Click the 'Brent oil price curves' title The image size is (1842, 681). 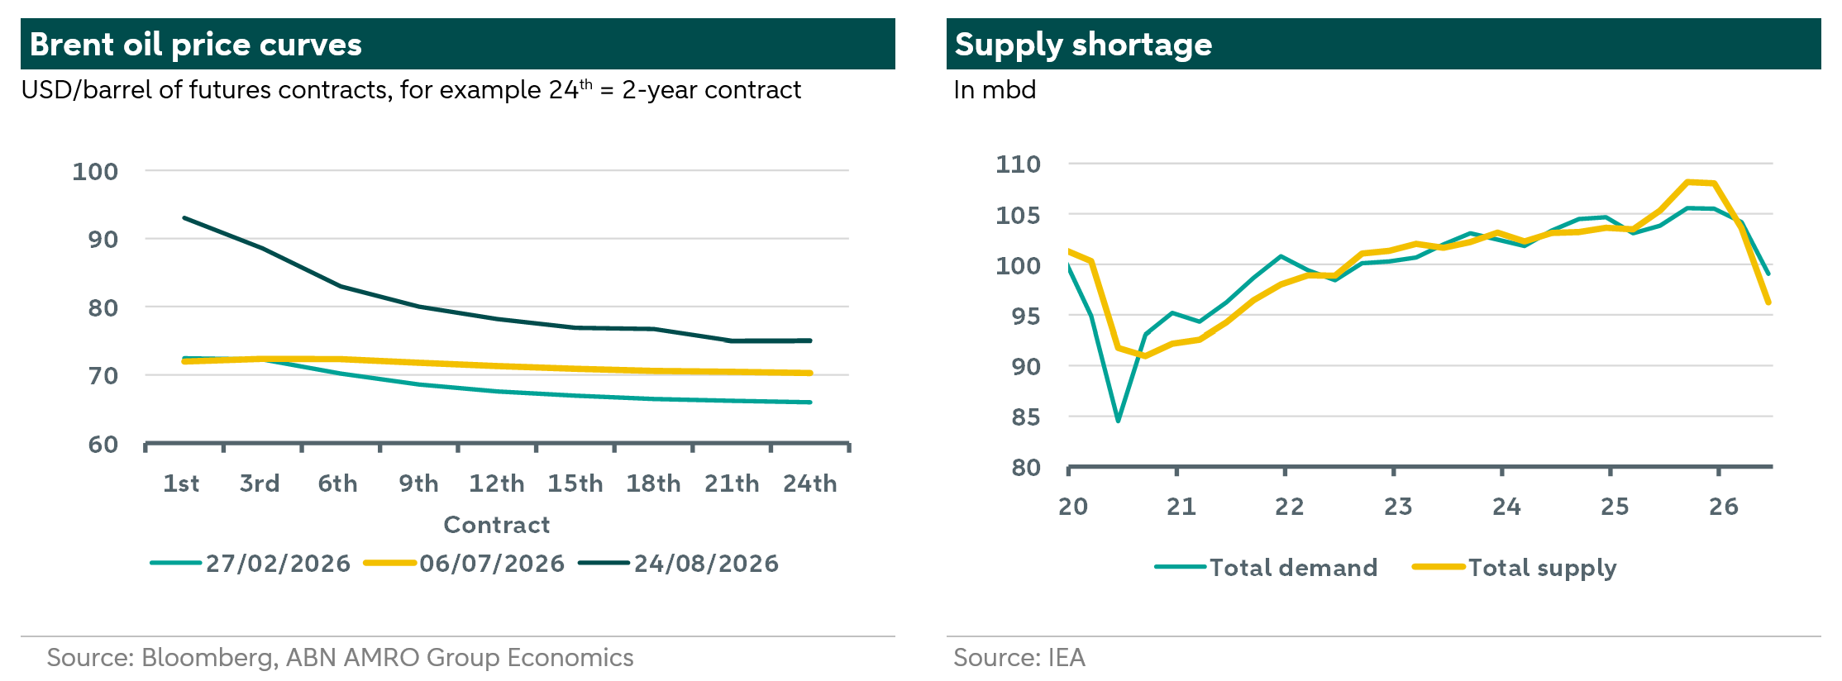[x=196, y=45]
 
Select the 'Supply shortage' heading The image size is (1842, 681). [x=1083, y=45]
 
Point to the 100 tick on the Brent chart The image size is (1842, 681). [x=95, y=171]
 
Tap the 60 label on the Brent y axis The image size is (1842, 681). [x=103, y=445]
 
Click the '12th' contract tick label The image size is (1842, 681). [x=497, y=483]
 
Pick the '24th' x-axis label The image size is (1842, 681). [x=810, y=483]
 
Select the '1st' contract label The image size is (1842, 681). [x=181, y=483]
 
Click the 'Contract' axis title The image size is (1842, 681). [x=497, y=525]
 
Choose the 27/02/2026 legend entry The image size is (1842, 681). [x=251, y=564]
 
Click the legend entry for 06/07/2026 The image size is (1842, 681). [x=465, y=564]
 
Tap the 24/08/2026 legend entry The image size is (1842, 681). [x=679, y=564]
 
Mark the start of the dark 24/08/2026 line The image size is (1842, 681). [x=184, y=218]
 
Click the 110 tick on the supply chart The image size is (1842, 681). [x=1018, y=164]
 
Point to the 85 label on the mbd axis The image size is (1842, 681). [x=1026, y=417]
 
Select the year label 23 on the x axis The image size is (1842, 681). [x=1398, y=507]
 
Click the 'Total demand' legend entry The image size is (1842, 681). [x=1267, y=568]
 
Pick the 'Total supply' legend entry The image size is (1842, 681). [x=1515, y=569]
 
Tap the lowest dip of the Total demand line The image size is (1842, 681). [x=1119, y=421]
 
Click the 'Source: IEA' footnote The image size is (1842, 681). [x=1019, y=658]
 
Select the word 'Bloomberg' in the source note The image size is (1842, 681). [x=208, y=659]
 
